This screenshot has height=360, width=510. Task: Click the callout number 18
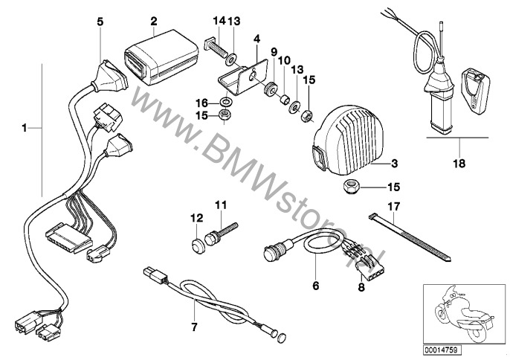459,164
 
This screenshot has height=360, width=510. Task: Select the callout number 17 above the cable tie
394,206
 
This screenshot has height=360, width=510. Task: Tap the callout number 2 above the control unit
153,22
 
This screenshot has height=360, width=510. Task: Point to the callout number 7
194,327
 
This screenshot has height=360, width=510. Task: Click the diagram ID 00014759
442,350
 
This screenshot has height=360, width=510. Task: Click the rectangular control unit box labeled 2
161,57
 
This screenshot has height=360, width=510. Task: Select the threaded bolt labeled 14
215,48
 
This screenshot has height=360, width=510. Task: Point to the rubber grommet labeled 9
271,89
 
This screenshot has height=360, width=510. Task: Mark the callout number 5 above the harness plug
100,22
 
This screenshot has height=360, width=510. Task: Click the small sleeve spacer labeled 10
285,99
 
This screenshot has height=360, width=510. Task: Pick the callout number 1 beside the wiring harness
24,128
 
